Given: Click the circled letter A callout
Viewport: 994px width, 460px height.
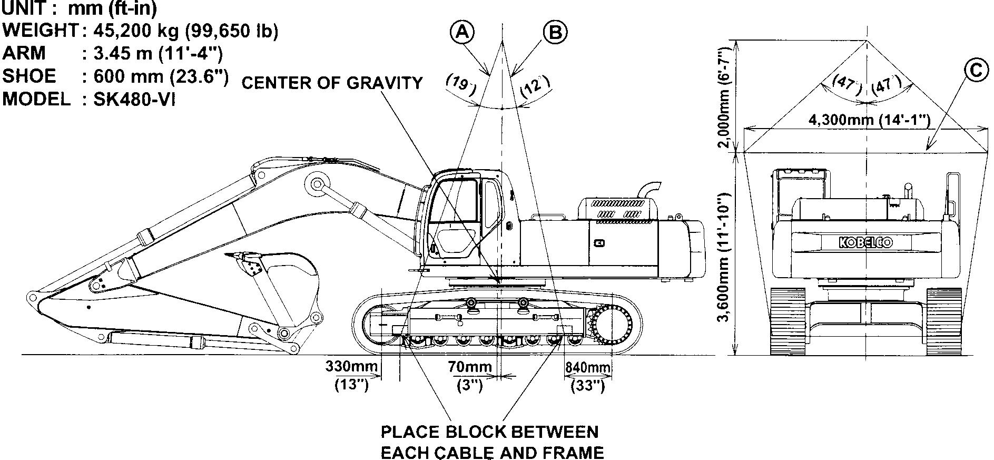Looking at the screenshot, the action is click(462, 32).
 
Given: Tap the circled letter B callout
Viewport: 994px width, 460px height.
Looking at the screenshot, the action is click(555, 32).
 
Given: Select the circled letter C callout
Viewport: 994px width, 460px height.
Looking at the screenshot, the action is click(976, 70).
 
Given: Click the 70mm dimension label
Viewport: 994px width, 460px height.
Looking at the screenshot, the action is click(470, 366).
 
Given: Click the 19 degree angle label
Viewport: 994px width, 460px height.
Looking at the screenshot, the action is click(461, 84).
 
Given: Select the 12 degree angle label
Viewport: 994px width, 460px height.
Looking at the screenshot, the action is click(535, 84).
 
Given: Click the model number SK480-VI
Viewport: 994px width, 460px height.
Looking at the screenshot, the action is click(134, 99).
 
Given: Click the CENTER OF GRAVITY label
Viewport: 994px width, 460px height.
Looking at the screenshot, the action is click(332, 83).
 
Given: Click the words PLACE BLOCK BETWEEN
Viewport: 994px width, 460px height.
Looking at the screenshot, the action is click(490, 432).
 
